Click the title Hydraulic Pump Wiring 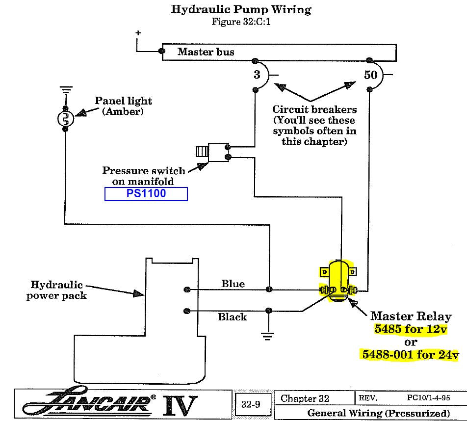(x=241, y=9)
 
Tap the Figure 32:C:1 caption (x=241, y=22)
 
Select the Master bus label (x=206, y=52)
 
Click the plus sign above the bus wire (x=138, y=33)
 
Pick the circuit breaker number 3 (x=257, y=75)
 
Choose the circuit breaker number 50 (x=371, y=75)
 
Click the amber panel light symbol (x=66, y=119)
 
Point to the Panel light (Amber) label (x=123, y=106)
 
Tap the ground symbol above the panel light (x=66, y=90)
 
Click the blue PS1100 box (x=146, y=194)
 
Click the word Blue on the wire (x=233, y=284)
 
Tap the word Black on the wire (x=232, y=317)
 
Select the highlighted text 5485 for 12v (x=411, y=329)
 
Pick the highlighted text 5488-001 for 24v (x=410, y=354)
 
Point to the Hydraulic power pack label (x=56, y=289)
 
